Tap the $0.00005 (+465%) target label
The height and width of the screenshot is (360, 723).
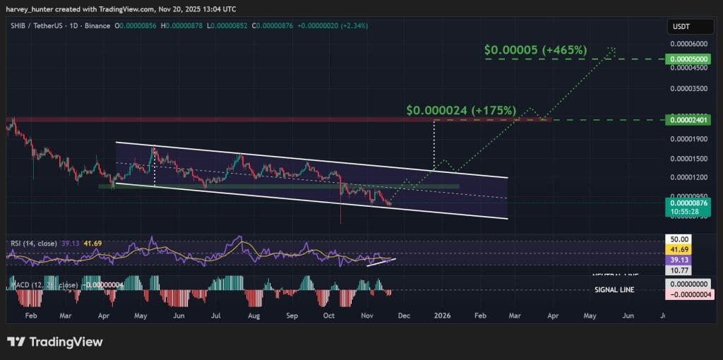[535, 50]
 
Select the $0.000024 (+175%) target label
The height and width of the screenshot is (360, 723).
[461, 111]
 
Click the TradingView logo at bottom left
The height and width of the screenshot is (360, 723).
[55, 342]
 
